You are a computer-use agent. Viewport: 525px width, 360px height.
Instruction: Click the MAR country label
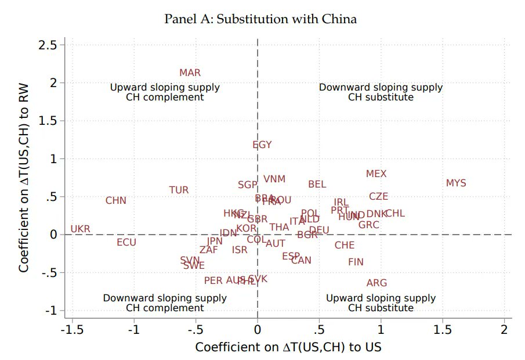(x=190, y=73)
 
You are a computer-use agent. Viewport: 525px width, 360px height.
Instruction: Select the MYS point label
(x=456, y=183)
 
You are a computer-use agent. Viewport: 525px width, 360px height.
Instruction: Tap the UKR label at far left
(x=81, y=229)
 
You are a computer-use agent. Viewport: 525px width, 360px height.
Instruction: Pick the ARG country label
(x=376, y=283)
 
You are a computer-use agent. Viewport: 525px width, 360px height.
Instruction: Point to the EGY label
(x=262, y=145)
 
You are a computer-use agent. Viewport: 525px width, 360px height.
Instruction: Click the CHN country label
(x=116, y=201)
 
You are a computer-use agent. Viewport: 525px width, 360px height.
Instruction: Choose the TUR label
(x=179, y=190)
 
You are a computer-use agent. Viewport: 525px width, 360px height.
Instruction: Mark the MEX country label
(x=376, y=174)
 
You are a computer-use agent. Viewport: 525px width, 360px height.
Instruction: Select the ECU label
(x=126, y=243)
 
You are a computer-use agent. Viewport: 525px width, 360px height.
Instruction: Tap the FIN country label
(x=356, y=262)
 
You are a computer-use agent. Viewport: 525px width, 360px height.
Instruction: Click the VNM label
(x=274, y=180)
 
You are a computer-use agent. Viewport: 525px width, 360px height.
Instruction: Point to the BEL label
(x=317, y=185)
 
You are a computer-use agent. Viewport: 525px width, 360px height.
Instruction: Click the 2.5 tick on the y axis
(x=49, y=45)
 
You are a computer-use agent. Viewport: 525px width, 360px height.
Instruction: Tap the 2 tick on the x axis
(x=504, y=330)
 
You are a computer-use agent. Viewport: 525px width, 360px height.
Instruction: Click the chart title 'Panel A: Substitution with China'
(x=260, y=19)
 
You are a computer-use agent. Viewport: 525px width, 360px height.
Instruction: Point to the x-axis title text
(x=288, y=347)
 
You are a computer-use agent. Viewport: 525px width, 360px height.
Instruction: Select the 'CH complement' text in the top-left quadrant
(x=165, y=98)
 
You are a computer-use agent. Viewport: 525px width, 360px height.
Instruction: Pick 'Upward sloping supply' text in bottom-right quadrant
(x=381, y=298)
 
